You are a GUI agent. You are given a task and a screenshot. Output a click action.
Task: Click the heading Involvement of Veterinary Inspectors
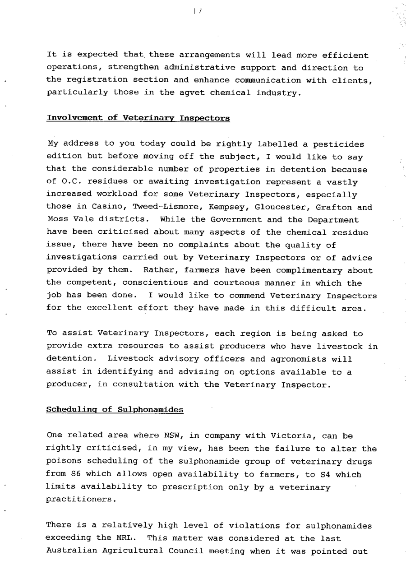coord(138,119)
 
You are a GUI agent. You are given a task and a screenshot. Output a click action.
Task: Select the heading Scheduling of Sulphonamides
coord(115,410)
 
